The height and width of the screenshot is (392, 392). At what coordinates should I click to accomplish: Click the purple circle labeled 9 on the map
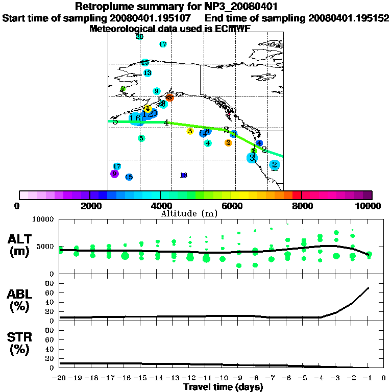click(114, 174)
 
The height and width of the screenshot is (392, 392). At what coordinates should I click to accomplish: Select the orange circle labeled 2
click(228, 143)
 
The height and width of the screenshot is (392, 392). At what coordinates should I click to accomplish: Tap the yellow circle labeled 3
click(190, 131)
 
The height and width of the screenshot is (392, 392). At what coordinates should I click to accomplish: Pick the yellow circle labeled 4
click(147, 109)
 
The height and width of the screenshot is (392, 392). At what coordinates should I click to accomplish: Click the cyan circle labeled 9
click(157, 91)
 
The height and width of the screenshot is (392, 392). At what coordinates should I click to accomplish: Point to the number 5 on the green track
click(115, 121)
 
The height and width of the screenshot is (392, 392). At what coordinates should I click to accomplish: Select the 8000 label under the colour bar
click(301, 206)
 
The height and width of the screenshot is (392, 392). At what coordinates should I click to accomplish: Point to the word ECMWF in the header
click(233, 29)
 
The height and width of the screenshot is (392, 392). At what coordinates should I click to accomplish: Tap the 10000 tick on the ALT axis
click(43, 219)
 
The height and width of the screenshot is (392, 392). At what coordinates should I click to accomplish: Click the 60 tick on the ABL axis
click(50, 292)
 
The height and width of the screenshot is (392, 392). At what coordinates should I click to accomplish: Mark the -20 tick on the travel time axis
click(60, 378)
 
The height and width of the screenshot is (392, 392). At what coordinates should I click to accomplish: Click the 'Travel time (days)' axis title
click(223, 387)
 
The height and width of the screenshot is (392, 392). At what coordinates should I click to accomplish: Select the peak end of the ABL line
click(369, 288)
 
